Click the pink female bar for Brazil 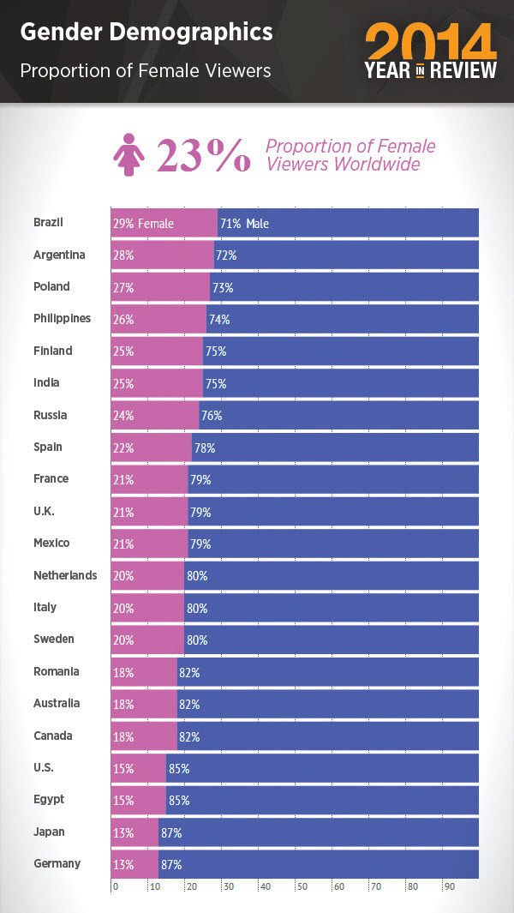click(164, 224)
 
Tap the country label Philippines click(62, 319)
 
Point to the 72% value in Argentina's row click(226, 255)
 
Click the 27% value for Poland click(123, 288)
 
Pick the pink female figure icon click(129, 154)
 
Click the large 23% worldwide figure click(203, 154)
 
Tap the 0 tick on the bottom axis click(116, 887)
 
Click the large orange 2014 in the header click(431, 43)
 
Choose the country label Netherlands click(65, 575)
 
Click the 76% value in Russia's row click(211, 416)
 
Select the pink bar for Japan click(134, 832)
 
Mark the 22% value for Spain click(123, 448)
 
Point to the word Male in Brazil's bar click(258, 224)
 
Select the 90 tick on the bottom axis click(448, 887)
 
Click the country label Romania click(57, 671)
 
